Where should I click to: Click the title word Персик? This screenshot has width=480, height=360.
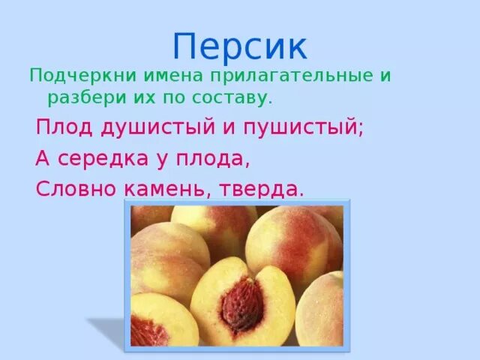click(239, 47)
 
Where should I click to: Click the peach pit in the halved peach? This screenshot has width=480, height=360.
click(242, 303)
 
